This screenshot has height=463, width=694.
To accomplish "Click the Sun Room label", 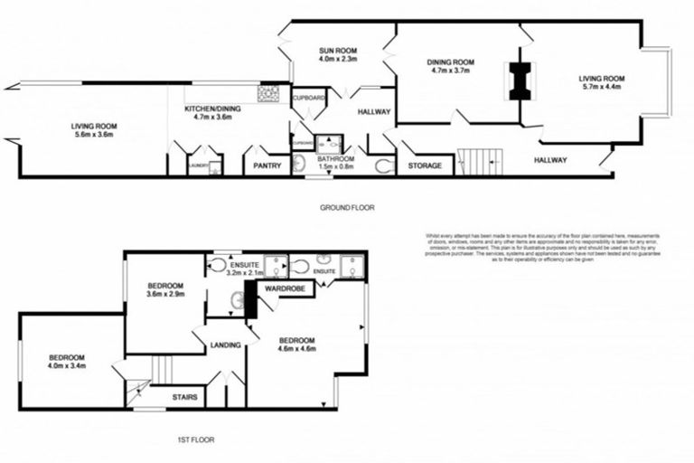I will pos(339,51).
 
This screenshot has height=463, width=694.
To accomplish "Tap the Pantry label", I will pos(268,165).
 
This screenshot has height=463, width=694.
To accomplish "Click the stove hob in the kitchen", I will pos(267,91).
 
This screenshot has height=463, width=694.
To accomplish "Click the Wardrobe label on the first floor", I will pos(285,288).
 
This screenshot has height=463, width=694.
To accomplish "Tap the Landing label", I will pos(225,345).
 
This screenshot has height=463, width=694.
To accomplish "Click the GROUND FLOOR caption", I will pos(347,207).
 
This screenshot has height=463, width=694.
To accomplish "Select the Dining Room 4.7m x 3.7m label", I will pos(450,68).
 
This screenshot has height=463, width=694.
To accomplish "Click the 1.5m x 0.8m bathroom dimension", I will pos(335,166).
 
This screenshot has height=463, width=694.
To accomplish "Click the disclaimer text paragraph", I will pos(549,246).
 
